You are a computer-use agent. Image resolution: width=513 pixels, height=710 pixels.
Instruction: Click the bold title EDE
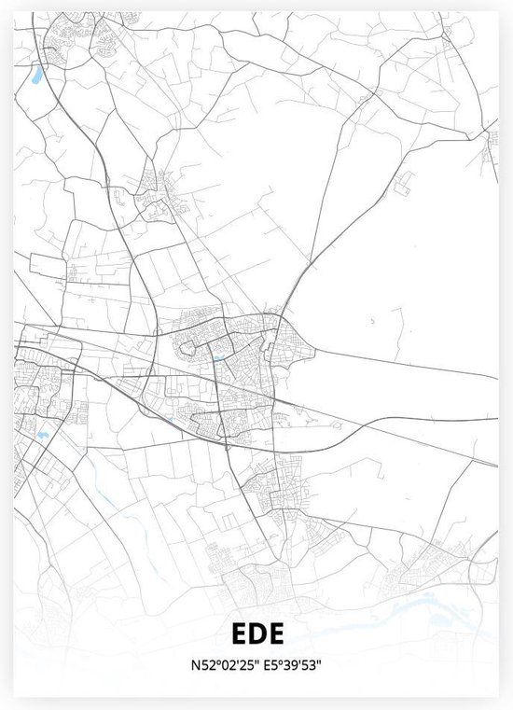pos(256,634)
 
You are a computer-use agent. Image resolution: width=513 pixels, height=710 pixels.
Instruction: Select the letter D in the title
pos(256,634)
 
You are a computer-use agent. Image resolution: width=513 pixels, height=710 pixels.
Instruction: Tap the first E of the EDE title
pos(235,634)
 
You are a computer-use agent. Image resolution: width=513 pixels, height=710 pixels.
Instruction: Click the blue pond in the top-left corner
pos(37,73)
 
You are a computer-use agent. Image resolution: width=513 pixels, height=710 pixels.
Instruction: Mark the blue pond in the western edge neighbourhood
pos(42,434)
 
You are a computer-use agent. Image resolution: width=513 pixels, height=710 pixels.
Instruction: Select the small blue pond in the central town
pos(216,357)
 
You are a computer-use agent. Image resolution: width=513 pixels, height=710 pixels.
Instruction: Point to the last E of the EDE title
pos(277,634)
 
